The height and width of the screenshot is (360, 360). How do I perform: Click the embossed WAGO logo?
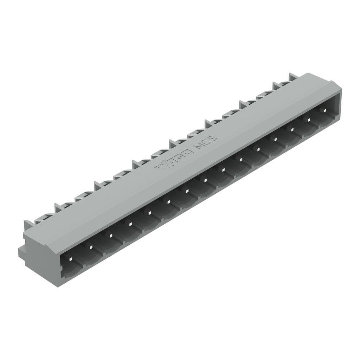pos(174,159)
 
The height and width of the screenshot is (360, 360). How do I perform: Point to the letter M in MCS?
pos(199,145)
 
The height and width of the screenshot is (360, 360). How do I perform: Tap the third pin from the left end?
pos(110,235)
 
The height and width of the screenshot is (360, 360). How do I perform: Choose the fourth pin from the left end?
pos(130,224)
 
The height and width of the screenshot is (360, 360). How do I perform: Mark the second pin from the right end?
pos(309,119)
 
